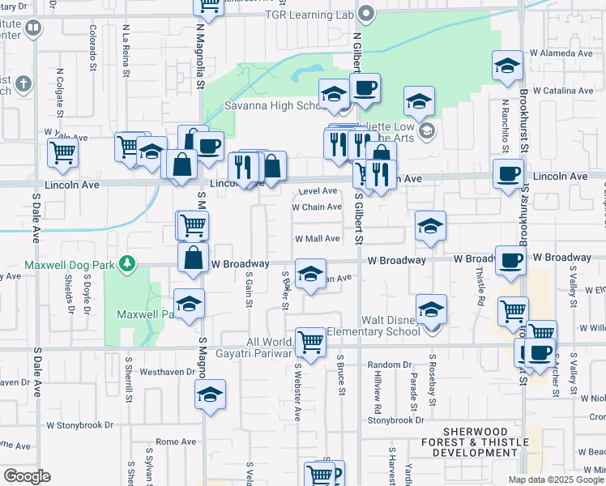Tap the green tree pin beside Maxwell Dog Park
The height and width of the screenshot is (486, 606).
pos(126,263)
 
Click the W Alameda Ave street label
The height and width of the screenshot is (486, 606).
pos(561,53)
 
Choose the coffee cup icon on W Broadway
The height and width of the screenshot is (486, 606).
pos(511,260)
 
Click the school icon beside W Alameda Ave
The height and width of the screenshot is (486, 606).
pos(506,66)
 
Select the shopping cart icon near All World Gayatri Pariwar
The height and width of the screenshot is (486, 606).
pos(310,341)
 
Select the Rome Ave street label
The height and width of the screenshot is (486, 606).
pos(176,441)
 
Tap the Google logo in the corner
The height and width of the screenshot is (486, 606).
pos(26,475)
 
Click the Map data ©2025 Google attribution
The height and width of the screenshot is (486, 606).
pos(556,480)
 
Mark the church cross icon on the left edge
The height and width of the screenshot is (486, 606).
pos(23,83)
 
